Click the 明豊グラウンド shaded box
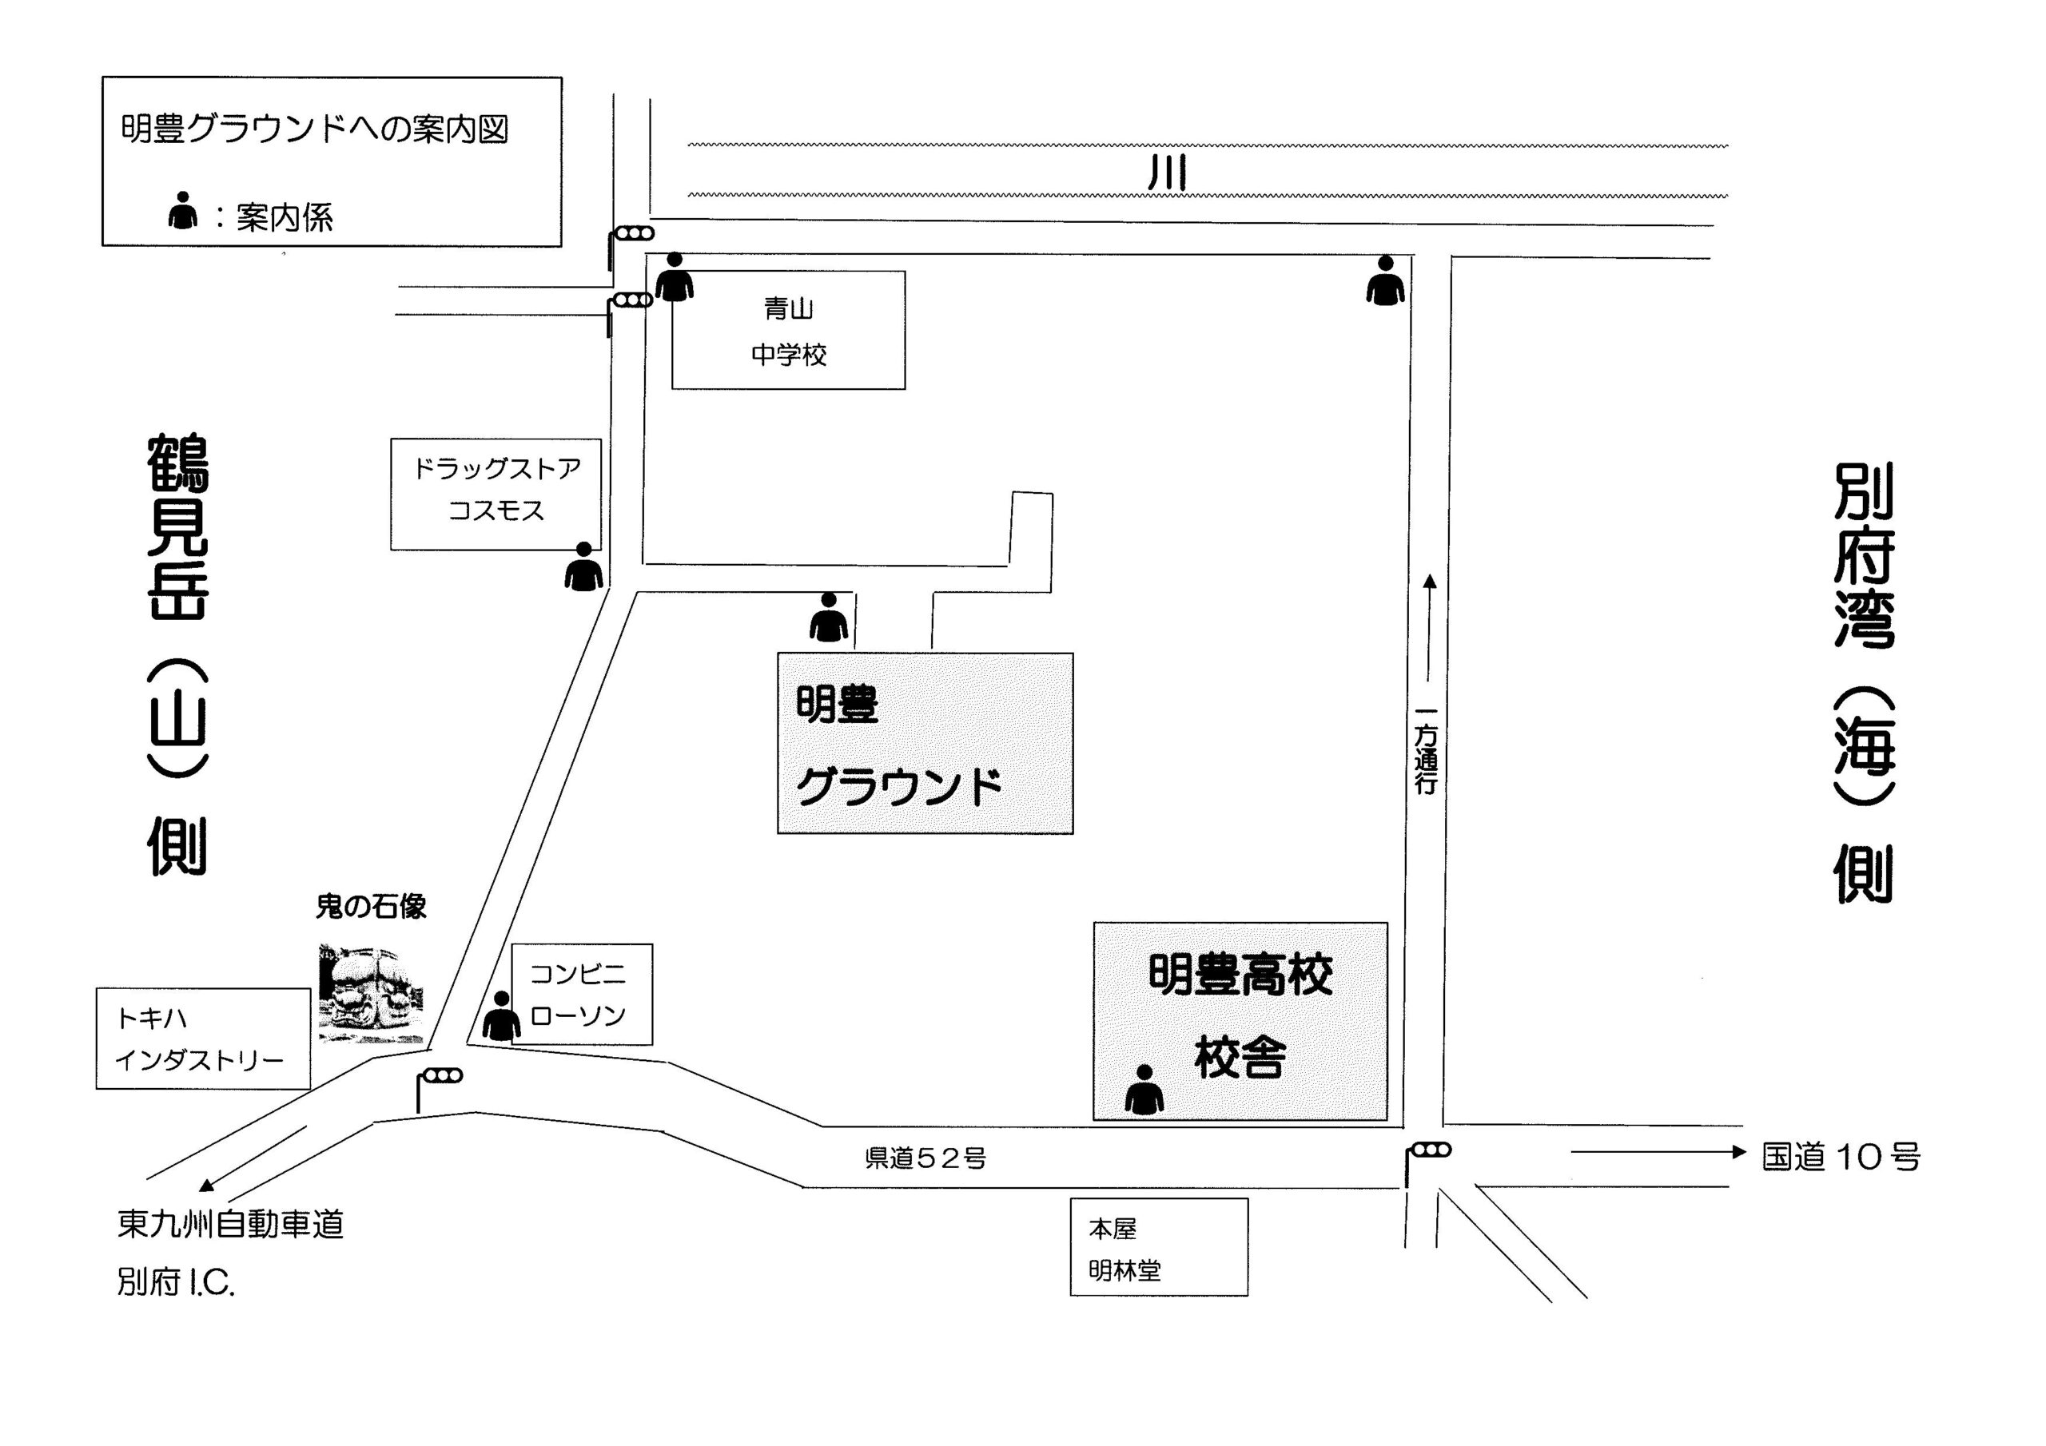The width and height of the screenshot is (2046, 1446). click(925, 743)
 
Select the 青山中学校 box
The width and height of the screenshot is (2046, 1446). click(789, 330)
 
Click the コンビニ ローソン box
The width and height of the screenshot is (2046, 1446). click(582, 995)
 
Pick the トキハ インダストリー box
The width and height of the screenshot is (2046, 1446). click(203, 1039)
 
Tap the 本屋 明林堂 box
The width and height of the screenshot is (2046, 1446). click(1158, 1246)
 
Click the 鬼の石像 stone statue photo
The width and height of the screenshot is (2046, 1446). click(371, 993)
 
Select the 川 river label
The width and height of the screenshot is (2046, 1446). click(1167, 172)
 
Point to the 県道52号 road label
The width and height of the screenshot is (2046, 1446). click(925, 1158)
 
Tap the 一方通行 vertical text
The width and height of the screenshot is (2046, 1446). click(1426, 750)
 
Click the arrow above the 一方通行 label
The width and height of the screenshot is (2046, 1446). click(1429, 628)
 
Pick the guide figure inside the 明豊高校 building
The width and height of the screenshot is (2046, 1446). click(1144, 1090)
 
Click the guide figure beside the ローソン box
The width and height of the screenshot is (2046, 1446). click(501, 1015)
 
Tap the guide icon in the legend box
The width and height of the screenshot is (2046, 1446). click(183, 210)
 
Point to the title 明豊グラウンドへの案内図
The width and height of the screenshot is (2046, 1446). click(315, 129)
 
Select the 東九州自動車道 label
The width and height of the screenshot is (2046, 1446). click(230, 1224)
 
